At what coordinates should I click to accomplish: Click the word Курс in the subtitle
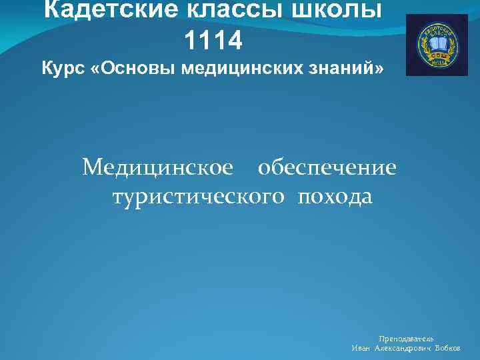63,69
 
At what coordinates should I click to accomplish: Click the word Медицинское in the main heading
158,167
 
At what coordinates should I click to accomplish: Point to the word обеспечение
327,167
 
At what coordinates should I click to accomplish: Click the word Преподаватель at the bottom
406,339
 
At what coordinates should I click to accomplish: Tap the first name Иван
361,349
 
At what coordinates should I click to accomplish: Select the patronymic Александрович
402,349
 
